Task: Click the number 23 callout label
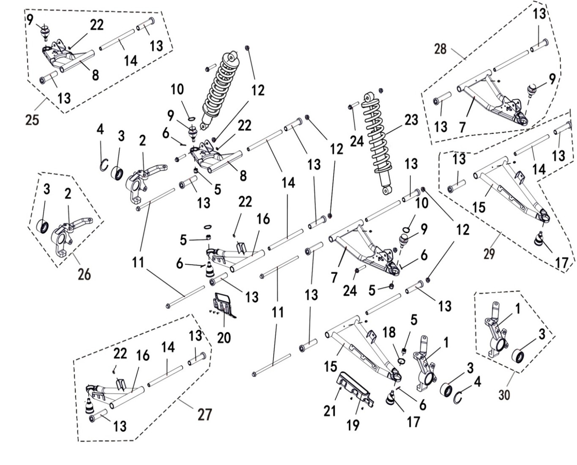(x=411, y=120)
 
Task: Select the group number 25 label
(x=32, y=120)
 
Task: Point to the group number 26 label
(x=84, y=274)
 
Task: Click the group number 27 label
(x=205, y=414)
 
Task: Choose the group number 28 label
(x=440, y=49)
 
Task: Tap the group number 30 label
(x=504, y=394)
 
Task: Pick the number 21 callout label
(x=330, y=410)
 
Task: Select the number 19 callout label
(x=353, y=425)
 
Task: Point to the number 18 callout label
(x=389, y=332)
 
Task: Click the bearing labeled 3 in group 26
(x=43, y=226)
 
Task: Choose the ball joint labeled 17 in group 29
(x=539, y=240)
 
